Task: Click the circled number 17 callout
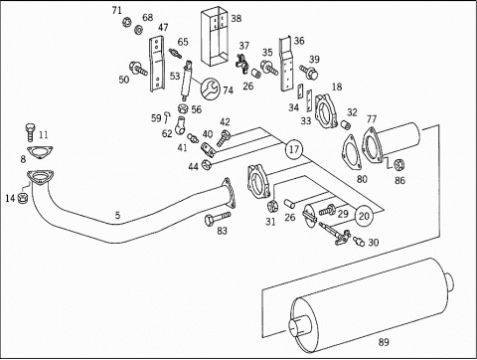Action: tap(294, 149)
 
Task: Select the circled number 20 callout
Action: tap(364, 216)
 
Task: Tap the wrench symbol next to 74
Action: tap(210, 89)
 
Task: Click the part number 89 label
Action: tap(384, 342)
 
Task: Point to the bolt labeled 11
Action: tap(30, 133)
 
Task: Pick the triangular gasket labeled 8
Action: tap(40, 152)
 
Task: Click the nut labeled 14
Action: tap(23, 199)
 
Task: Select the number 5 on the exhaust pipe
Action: tap(117, 216)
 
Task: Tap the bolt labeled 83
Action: tap(218, 218)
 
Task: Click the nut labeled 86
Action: tap(399, 164)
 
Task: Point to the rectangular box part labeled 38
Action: tap(215, 37)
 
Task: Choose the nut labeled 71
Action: tap(126, 22)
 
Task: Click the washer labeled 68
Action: tap(138, 30)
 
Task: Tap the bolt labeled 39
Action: tap(309, 72)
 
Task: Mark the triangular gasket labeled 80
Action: tap(352, 153)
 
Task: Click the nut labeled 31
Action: tap(272, 206)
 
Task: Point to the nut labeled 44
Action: tap(207, 163)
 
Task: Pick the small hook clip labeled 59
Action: tap(168, 116)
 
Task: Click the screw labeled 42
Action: tap(224, 138)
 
